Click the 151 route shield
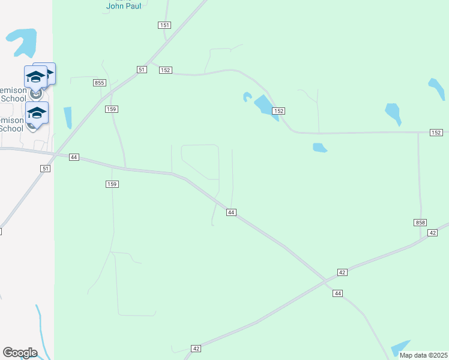[165, 25]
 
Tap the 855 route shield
[100, 82]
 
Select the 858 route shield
[420, 223]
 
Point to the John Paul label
[124, 6]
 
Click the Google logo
[20, 352]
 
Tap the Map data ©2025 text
[423, 355]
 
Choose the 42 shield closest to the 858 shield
[432, 232]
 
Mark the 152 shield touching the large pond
[278, 111]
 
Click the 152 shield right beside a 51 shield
[166, 70]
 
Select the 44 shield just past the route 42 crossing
[338, 293]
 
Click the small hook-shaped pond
[247, 97]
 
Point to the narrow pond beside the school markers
[67, 117]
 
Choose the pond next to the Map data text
[400, 347]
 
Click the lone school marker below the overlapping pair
[37, 113]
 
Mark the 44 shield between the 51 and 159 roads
[74, 157]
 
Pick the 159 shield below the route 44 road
[112, 184]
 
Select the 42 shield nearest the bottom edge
[196, 348]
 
